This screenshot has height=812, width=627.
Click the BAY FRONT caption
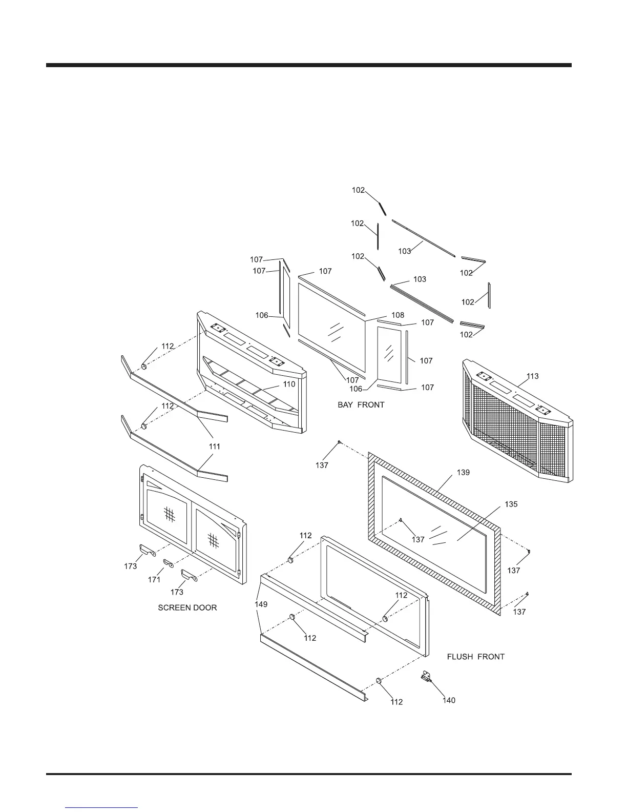(x=361, y=405)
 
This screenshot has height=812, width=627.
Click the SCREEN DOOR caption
(x=187, y=607)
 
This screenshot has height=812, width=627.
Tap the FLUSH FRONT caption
(x=475, y=657)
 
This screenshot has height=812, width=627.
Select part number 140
(x=449, y=700)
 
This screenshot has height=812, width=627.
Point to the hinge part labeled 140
(x=426, y=677)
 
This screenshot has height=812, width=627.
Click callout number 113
(x=532, y=376)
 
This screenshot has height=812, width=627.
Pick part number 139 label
(x=463, y=472)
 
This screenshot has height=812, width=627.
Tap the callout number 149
(x=261, y=604)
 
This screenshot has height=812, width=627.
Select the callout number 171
(x=154, y=580)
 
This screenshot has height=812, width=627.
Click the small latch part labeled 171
(x=169, y=564)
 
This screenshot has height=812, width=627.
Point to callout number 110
(x=289, y=384)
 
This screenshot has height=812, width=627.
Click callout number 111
(x=214, y=446)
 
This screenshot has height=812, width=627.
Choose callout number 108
(x=398, y=315)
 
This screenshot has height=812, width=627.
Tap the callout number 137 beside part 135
(x=418, y=539)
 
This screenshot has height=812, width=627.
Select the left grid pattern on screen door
(x=170, y=514)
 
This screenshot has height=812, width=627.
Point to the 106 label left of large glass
(x=262, y=315)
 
